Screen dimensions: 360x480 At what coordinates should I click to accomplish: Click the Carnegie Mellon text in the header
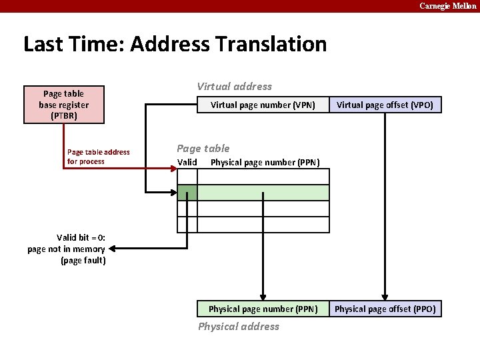point(447,6)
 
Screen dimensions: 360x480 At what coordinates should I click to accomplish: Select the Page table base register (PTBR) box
point(63,105)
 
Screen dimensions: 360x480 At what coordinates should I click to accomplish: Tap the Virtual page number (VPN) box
point(263,105)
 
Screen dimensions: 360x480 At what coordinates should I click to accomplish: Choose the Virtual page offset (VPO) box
point(385,105)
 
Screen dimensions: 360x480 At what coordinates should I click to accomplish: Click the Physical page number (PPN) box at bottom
point(263,309)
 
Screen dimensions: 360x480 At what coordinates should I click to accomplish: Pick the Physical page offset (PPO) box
point(385,309)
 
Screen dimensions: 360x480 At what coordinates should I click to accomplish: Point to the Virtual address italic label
point(234,86)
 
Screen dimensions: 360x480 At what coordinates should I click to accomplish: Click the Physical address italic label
point(239,326)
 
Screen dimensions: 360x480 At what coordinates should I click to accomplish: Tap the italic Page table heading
point(203,148)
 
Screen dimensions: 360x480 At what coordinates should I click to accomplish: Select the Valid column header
point(187,162)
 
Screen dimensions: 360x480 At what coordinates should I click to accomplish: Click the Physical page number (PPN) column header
point(265,163)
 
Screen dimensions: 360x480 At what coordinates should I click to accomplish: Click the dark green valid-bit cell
point(187,193)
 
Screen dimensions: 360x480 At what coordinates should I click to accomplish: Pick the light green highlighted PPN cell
point(263,193)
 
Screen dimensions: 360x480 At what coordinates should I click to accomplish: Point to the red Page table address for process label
point(99,157)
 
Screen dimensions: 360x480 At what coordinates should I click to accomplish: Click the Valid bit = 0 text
point(81,237)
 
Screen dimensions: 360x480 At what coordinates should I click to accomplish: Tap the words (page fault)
point(83,260)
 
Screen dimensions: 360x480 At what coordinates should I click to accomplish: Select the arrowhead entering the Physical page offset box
point(385,297)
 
